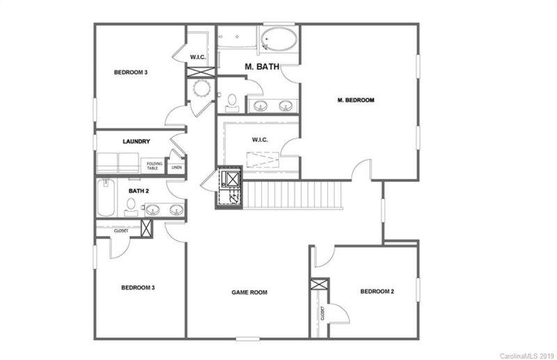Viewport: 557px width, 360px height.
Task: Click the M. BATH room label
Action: click(x=262, y=68)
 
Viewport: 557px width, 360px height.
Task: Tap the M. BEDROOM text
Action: click(x=356, y=100)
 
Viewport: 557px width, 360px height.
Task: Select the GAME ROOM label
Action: click(x=249, y=292)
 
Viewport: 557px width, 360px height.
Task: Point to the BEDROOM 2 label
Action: click(x=377, y=291)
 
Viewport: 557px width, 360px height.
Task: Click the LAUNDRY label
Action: click(x=136, y=141)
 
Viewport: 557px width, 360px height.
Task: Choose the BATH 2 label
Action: click(x=139, y=189)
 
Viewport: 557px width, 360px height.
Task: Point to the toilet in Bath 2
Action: click(x=130, y=205)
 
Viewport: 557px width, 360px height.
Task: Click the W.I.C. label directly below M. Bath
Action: click(x=260, y=139)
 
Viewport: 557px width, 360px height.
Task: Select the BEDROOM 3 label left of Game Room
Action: click(x=138, y=288)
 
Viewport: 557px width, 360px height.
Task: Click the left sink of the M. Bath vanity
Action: click(x=260, y=106)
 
